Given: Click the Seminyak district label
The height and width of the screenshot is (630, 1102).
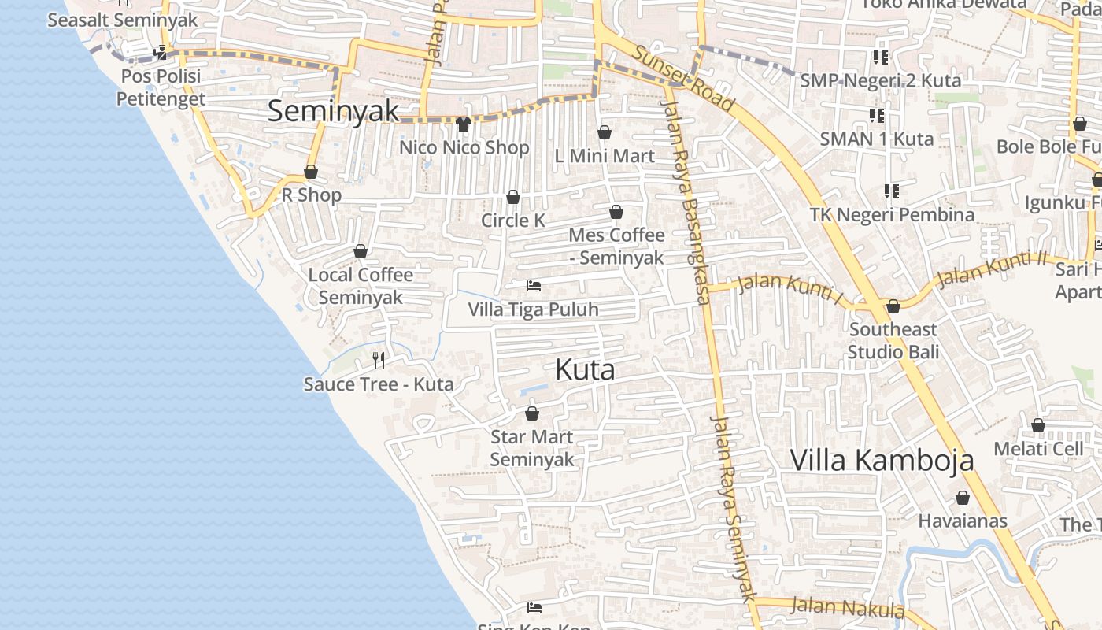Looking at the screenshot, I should coord(334,111).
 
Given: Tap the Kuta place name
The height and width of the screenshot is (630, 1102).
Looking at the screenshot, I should coord(585,369).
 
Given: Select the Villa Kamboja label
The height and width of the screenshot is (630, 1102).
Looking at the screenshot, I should coord(882,460).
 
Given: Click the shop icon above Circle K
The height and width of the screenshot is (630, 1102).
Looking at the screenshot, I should coord(513,197).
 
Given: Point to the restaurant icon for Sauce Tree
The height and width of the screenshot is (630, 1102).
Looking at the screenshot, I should coord(379,361).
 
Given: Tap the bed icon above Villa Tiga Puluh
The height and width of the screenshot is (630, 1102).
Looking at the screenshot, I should coord(534,286).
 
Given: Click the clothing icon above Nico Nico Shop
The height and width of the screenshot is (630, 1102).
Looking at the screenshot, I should coord(463,124).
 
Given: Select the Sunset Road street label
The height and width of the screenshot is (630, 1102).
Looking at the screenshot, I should coord(684,79).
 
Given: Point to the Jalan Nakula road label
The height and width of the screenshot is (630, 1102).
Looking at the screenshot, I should coord(848,607).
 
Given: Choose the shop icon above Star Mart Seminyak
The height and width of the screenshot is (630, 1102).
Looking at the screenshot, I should coord(532,413).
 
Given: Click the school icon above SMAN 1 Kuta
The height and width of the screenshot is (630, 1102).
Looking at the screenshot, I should coord(877,116).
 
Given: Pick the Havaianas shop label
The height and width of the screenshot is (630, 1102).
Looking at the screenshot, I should coord(962,521).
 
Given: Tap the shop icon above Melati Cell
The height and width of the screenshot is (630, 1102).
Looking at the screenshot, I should coord(1038,426).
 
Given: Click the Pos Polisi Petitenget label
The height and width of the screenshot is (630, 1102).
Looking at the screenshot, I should coord(161,87).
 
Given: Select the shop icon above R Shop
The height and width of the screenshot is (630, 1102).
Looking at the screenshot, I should coord(311,172).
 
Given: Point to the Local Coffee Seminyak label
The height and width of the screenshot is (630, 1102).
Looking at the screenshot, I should coord(361,286).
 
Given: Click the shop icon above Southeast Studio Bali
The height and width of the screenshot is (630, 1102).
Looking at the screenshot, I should coord(893,306).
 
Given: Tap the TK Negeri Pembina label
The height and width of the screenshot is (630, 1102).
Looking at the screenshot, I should coord(892,214).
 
